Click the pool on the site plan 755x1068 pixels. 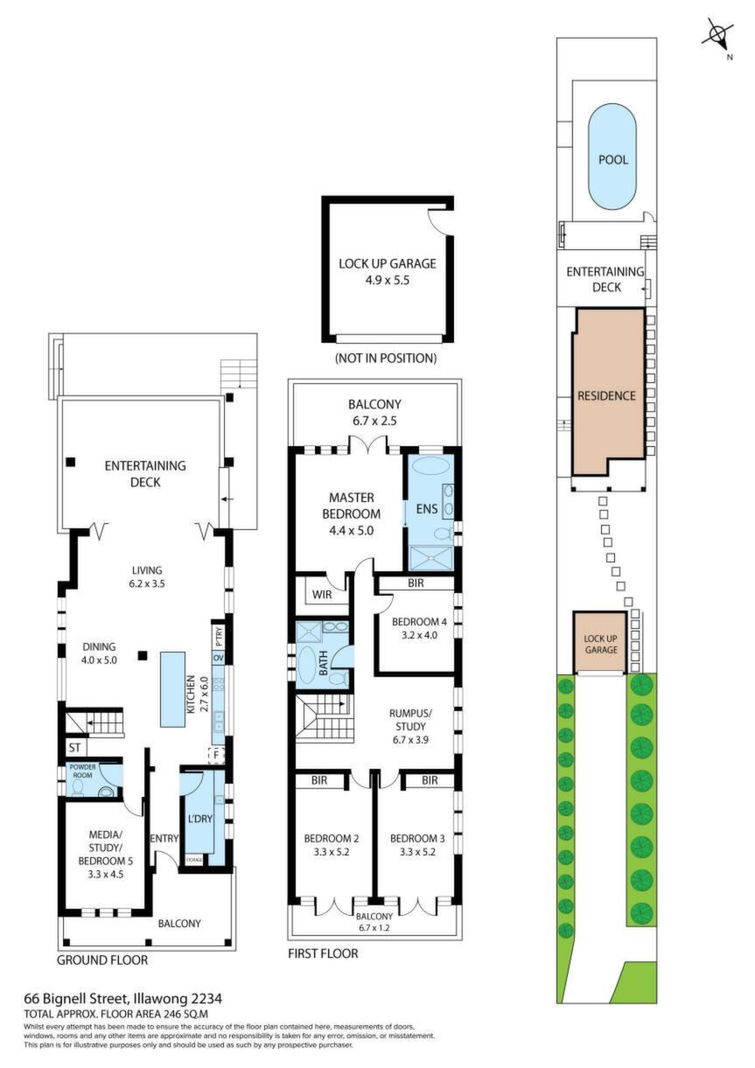(x=613, y=157)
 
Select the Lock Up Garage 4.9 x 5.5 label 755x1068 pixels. (x=388, y=272)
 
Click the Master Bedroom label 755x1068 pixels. (x=352, y=513)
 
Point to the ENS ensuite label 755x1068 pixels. (x=427, y=509)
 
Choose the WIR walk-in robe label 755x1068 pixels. (x=322, y=595)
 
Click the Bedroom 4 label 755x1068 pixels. (x=419, y=628)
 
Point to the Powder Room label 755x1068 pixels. (x=82, y=771)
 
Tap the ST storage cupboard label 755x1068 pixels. (x=75, y=748)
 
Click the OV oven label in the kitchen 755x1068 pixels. (x=219, y=658)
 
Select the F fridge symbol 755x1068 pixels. (x=216, y=755)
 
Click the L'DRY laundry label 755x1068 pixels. (x=199, y=818)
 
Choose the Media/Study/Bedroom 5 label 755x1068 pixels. (x=105, y=855)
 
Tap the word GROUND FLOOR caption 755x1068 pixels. (x=102, y=960)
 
